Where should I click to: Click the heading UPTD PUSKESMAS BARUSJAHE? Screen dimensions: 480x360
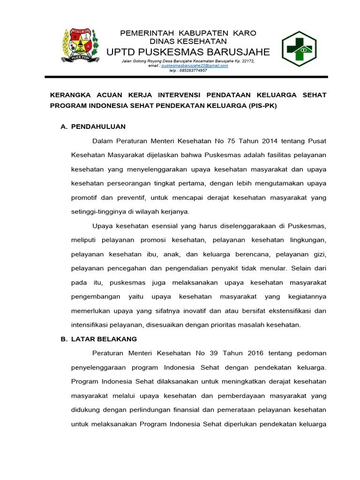click(x=188, y=51)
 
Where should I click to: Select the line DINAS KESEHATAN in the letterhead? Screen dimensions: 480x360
click(x=188, y=41)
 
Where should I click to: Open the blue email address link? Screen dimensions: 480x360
click(x=195, y=66)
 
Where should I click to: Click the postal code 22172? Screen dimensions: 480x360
click(x=246, y=61)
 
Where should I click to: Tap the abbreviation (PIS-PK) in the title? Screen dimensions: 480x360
click(x=262, y=105)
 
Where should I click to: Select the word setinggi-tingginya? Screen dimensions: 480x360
click(x=99, y=211)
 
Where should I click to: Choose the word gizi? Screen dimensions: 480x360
click(x=319, y=254)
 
